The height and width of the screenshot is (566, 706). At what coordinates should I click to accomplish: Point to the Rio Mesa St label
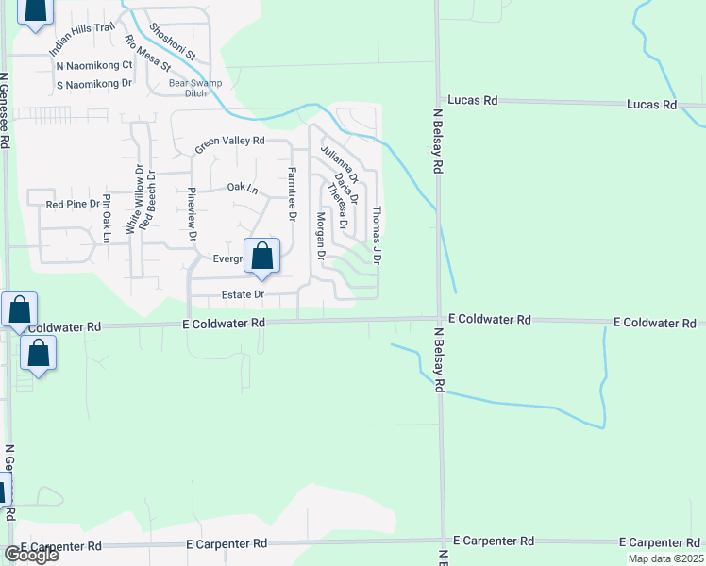[147, 54]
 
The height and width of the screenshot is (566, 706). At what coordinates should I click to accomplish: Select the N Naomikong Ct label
[94, 66]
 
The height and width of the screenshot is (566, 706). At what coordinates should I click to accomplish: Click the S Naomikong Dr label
[94, 84]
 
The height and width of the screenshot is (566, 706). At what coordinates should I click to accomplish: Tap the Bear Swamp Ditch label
[187, 88]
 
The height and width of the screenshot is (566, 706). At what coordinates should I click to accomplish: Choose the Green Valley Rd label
[230, 143]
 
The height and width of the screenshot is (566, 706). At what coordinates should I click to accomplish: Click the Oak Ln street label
[243, 188]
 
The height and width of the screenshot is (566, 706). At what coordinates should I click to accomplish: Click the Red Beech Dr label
[149, 202]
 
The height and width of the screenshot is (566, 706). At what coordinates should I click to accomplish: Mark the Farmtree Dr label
[293, 194]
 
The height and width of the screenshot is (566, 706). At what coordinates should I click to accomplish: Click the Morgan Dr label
[321, 236]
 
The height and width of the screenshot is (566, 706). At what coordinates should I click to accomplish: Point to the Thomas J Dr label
[377, 235]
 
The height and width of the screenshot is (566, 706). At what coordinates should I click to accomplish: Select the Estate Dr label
[243, 295]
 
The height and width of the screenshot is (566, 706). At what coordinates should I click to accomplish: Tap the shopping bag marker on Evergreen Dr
[262, 256]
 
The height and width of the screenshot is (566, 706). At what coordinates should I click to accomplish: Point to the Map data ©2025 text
[665, 558]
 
